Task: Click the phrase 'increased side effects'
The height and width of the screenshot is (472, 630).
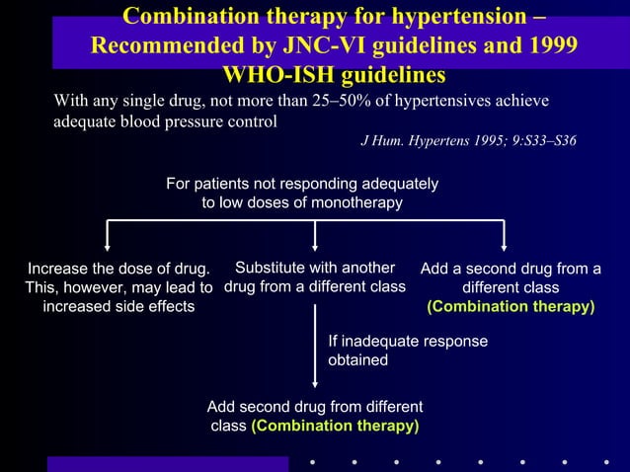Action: point(118,307)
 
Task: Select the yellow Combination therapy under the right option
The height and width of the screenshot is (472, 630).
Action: point(511,307)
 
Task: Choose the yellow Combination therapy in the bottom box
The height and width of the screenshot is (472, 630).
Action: point(335,426)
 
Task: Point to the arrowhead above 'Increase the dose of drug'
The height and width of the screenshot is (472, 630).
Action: point(108,246)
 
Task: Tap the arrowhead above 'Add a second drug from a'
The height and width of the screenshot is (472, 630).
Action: point(505,246)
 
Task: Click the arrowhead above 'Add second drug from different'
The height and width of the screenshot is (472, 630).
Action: point(315,385)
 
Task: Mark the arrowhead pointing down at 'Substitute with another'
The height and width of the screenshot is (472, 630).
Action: point(315,246)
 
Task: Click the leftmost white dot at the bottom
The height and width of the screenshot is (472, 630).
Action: point(312,461)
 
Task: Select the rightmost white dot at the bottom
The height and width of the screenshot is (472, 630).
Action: point(605,461)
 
